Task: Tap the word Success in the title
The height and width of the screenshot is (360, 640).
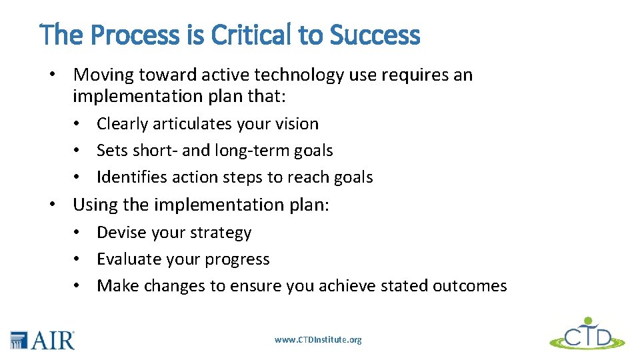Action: point(375,35)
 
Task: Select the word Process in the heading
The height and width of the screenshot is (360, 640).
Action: point(139,35)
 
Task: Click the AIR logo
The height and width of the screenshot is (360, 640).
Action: point(43,339)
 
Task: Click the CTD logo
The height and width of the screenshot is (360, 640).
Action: point(587,333)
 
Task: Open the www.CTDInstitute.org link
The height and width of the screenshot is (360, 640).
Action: point(318,340)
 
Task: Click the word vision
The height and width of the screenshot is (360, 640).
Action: point(297,124)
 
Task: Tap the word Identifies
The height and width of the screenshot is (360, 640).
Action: point(128,177)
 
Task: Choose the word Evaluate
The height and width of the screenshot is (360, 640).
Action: point(127,259)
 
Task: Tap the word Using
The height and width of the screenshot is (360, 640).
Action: point(95,205)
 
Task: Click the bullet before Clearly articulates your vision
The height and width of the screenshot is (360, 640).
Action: point(78,124)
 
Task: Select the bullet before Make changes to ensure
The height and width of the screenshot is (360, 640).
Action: point(78,286)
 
